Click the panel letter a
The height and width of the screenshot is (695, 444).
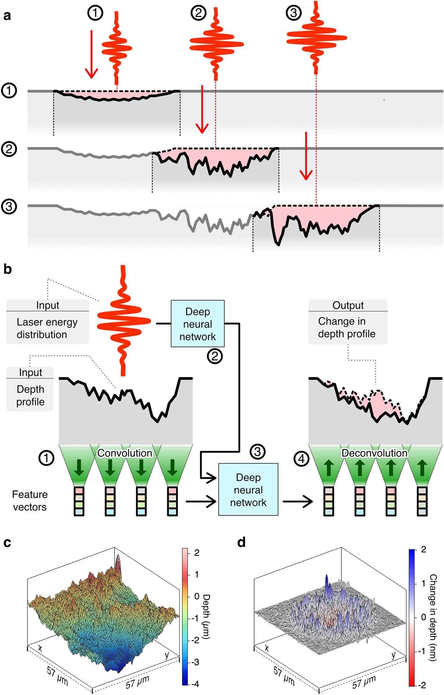[7, 15]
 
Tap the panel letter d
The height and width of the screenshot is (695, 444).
[241, 542]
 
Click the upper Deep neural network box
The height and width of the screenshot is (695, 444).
[198, 324]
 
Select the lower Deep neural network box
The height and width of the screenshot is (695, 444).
[248, 490]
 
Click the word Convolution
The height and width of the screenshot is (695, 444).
[125, 453]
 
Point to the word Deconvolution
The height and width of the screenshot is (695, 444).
[374, 453]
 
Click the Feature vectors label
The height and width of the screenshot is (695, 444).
[30, 500]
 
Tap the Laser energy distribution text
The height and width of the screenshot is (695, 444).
[47, 328]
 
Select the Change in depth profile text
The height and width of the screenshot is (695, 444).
[347, 328]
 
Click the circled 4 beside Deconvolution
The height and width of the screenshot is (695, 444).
[302, 459]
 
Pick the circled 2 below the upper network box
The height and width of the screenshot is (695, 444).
[215, 356]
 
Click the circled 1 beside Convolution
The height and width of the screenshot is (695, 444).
[46, 458]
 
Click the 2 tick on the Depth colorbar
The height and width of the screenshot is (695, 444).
[197, 553]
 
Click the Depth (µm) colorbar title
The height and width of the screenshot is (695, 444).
[206, 616]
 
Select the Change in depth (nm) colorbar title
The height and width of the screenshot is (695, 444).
[433, 618]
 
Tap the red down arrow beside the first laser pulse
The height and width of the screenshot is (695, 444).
[91, 54]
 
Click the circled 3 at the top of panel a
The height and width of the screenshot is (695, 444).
[294, 13]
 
